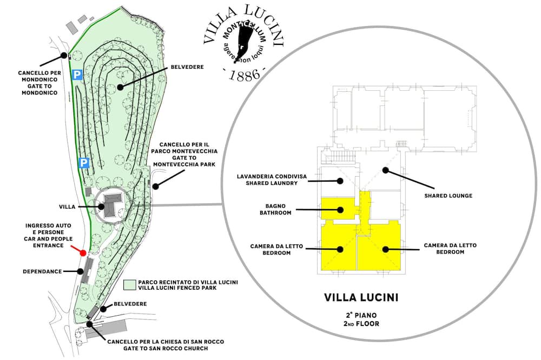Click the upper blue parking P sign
tap(77, 75)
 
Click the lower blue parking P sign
tap(83, 162)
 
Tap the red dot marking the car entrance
tap(83, 252)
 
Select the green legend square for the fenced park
tap(129, 285)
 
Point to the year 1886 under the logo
tap(245, 75)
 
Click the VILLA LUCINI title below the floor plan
tap(361, 297)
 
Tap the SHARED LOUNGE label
tap(449, 196)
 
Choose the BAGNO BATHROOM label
tap(279, 209)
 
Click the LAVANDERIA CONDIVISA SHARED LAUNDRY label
tap(268, 179)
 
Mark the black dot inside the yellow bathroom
tap(341, 209)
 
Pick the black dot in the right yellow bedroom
tap(386, 249)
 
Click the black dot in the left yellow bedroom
tap(341, 249)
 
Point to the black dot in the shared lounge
tap(385, 170)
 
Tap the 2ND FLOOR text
tap(361, 324)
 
